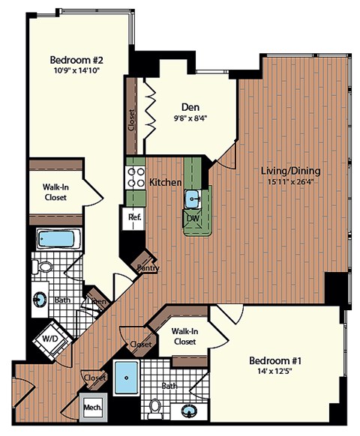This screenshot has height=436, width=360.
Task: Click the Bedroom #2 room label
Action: (x=76, y=60)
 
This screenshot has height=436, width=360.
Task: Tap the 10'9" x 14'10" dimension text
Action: (x=76, y=72)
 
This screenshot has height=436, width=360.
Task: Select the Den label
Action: (x=189, y=106)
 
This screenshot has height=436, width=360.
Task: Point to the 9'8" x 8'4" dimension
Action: (x=189, y=118)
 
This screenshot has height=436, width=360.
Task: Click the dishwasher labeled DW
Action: (x=193, y=218)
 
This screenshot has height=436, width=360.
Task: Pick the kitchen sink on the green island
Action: (x=193, y=199)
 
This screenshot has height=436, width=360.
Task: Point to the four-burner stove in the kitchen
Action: (x=134, y=178)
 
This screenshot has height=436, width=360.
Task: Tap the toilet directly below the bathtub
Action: (x=45, y=265)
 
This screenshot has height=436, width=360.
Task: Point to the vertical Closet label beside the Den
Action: (x=132, y=120)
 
